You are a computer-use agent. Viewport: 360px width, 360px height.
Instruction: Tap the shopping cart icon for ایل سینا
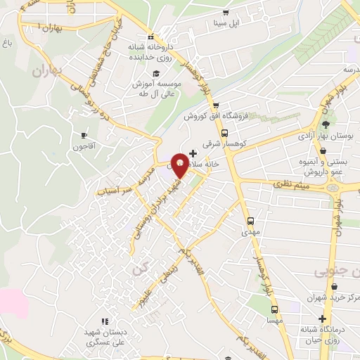click(225, 13)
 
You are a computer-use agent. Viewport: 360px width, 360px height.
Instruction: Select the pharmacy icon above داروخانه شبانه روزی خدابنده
click(150, 37)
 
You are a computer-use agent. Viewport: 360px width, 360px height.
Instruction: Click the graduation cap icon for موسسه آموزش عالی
click(153, 72)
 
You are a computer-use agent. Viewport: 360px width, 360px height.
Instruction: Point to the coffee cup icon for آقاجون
click(84, 135)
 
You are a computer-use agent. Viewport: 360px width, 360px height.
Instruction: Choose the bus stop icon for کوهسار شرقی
click(224, 132)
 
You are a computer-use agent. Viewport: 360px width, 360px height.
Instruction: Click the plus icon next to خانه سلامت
click(193, 153)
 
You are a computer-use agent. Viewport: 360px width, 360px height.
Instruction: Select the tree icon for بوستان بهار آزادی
click(325, 124)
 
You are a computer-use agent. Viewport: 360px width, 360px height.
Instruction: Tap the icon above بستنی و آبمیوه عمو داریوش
click(322, 150)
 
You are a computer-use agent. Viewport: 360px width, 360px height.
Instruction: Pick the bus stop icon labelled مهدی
click(251, 219)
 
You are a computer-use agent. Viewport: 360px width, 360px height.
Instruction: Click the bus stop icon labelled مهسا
click(275, 309)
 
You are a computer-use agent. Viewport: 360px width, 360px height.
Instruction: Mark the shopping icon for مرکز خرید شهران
click(333, 287)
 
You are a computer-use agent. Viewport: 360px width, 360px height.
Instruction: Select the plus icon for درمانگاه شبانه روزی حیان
click(322, 318)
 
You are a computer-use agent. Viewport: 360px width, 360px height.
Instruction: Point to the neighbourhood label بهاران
click(47, 71)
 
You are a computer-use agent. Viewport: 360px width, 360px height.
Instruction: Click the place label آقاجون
click(82, 147)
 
